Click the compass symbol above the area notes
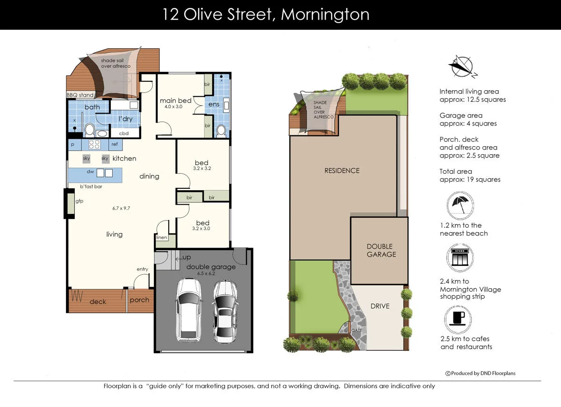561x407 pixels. pos(462,67)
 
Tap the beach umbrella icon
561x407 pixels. pos(460,206)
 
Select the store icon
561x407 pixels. pos(460,257)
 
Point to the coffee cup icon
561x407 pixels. pos(458,320)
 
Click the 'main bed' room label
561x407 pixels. pos(176,100)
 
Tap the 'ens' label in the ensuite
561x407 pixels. pos(214,104)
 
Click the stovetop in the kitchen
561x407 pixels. pos(94,144)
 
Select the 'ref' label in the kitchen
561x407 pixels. pos(115,144)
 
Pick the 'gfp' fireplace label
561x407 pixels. pos(79,201)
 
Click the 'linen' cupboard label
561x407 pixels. pos(162,237)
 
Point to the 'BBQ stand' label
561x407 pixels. pos(80,95)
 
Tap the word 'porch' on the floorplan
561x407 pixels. pos(139,300)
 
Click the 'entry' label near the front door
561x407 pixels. pos(142,269)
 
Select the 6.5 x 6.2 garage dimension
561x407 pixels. pos(206,273)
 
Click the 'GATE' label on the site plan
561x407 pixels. pos(356,330)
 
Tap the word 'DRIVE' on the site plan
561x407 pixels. pos(380,306)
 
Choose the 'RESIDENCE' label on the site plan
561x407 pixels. pos(342,171)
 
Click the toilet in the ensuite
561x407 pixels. pos(221,131)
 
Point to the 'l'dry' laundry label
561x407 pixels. pos(125,119)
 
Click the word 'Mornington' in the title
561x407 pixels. pos(325,14)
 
